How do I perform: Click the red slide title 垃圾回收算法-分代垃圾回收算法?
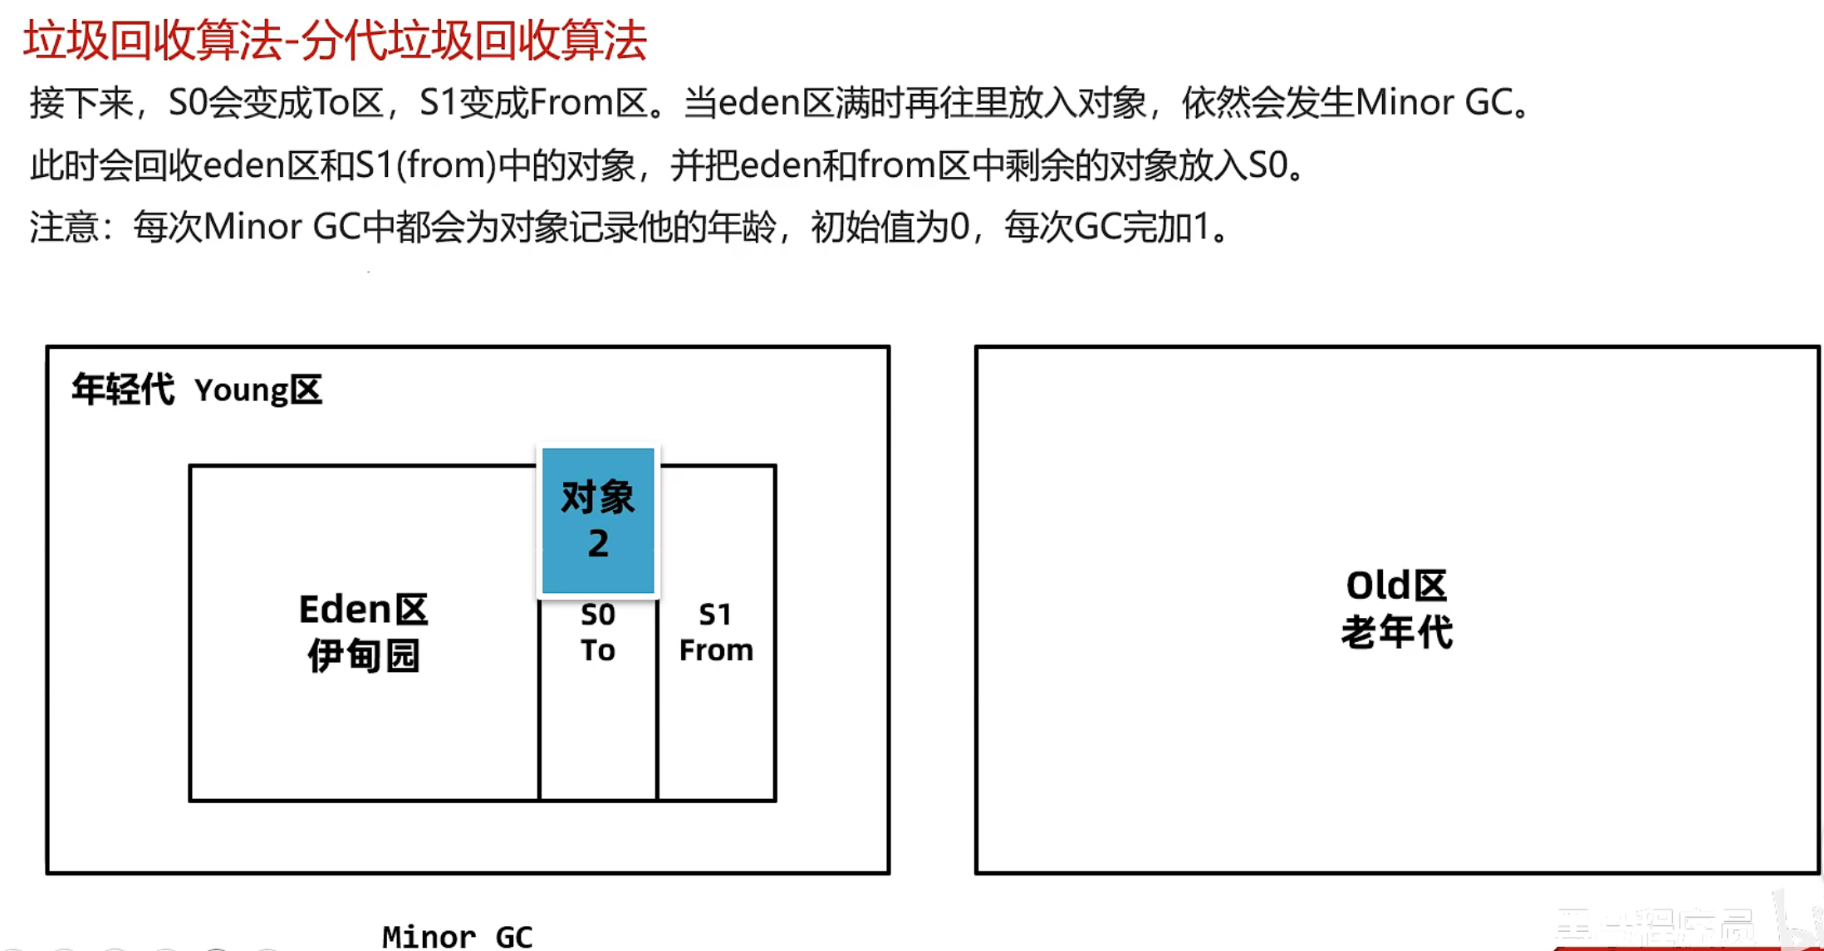pos(335,40)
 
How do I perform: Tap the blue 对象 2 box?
pos(598,520)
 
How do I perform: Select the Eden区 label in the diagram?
pos(363,610)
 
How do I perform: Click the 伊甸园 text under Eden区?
pos(363,655)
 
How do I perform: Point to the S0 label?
pos(598,615)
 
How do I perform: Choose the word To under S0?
pos(598,650)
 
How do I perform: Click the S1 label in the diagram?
pos(715,615)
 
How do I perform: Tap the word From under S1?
pos(716,650)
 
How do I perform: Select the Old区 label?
pos(1396,586)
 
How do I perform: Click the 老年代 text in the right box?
pos(1396,632)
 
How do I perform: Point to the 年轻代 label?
pos(123,390)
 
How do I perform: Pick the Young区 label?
pos(258,390)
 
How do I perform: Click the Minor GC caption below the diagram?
pos(457,937)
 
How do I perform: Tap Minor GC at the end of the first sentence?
pos(1434,103)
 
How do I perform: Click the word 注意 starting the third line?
pos(64,227)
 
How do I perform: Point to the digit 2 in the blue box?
pos(598,544)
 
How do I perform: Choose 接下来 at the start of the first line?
pos(81,103)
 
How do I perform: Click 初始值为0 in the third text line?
pos(890,227)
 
